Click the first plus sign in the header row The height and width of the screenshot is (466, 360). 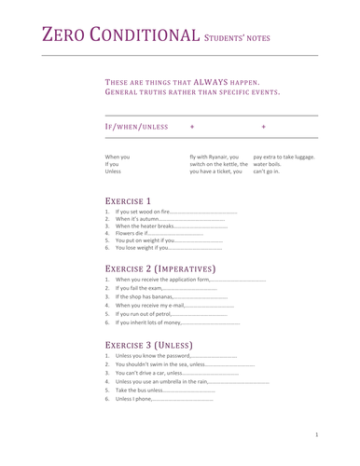192,125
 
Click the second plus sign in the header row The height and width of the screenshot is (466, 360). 264,125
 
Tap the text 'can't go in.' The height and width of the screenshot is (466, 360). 266,171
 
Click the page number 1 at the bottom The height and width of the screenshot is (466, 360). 317,434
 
